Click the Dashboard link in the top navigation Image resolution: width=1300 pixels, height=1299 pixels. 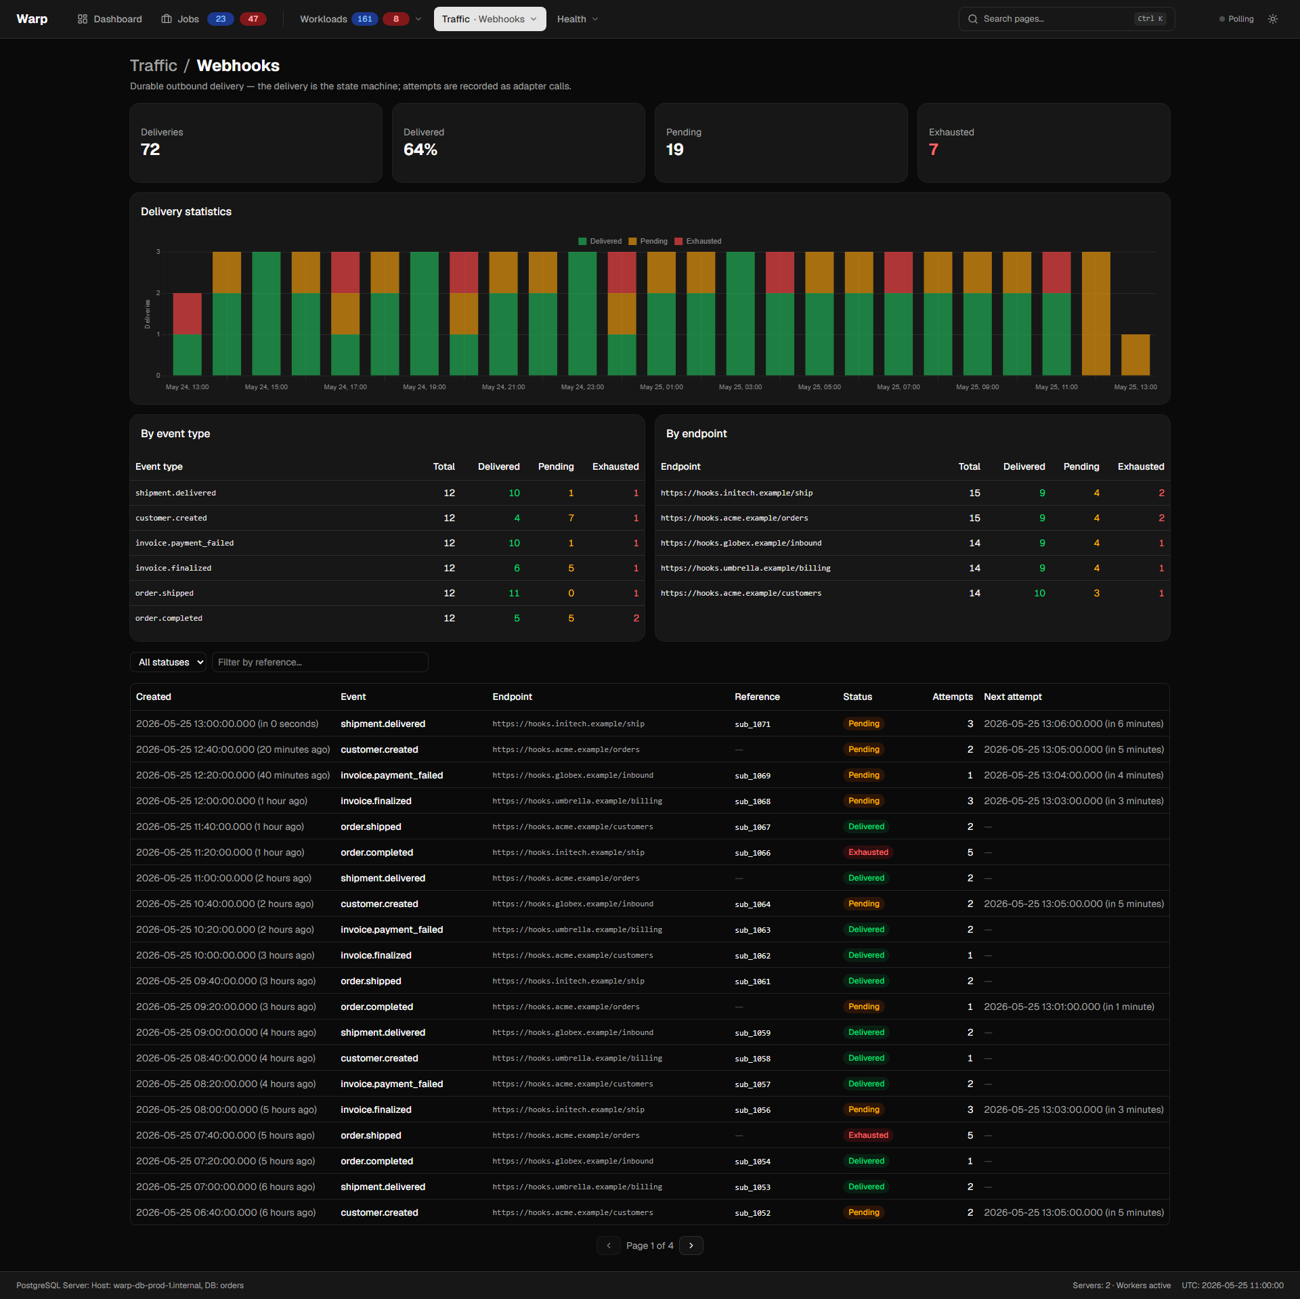tap(110, 19)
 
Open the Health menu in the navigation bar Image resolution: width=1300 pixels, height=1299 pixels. tap(578, 19)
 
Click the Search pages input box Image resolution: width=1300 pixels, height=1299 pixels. tap(1066, 19)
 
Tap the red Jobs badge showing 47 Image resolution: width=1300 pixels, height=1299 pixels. tap(253, 19)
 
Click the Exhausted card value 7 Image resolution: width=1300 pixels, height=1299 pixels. tap(934, 150)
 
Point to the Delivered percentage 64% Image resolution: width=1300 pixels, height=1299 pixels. tap(420, 150)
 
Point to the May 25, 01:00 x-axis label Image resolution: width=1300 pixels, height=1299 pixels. tap(662, 387)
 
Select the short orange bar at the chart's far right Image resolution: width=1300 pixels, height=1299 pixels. tap(1135, 355)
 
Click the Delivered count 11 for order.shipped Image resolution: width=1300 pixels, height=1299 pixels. tap(515, 593)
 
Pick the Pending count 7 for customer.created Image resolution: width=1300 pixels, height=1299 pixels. tap(571, 518)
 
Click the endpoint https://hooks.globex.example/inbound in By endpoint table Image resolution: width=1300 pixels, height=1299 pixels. tap(741, 543)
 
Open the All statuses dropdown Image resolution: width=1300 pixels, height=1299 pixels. tap(169, 662)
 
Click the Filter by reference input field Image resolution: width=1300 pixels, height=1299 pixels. tap(320, 662)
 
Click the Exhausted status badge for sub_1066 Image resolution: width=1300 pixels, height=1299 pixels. tap(868, 852)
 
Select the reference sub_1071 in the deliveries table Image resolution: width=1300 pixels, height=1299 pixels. tap(753, 724)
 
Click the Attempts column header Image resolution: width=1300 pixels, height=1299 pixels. tap(953, 697)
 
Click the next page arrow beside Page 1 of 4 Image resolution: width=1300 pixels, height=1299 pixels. tap(691, 1246)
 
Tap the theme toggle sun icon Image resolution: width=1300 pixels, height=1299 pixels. tap(1273, 19)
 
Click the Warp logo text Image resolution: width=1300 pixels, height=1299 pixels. tap(32, 19)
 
